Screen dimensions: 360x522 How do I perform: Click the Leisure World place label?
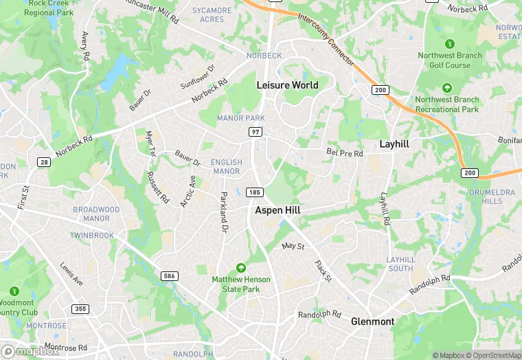click(x=287, y=85)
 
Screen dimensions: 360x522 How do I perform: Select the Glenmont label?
click(x=372, y=322)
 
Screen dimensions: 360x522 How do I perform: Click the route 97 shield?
click(x=255, y=131)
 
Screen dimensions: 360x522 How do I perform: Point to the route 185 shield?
click(x=255, y=193)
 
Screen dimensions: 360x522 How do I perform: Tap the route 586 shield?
click(x=169, y=275)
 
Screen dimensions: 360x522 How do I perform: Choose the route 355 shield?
click(x=80, y=308)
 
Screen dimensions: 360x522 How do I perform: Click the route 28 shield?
click(x=44, y=161)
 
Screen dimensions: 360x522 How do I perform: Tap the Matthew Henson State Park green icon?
click(x=240, y=267)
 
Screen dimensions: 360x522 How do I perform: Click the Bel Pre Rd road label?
click(x=345, y=153)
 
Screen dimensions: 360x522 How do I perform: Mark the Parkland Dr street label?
click(x=223, y=212)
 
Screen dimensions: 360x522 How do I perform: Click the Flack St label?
click(x=323, y=271)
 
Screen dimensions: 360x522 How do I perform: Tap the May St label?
click(x=293, y=245)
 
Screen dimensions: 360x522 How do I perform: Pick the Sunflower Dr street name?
click(x=197, y=77)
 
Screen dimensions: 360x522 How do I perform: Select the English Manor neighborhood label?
click(x=227, y=167)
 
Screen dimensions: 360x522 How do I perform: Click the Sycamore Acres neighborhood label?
click(x=212, y=15)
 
